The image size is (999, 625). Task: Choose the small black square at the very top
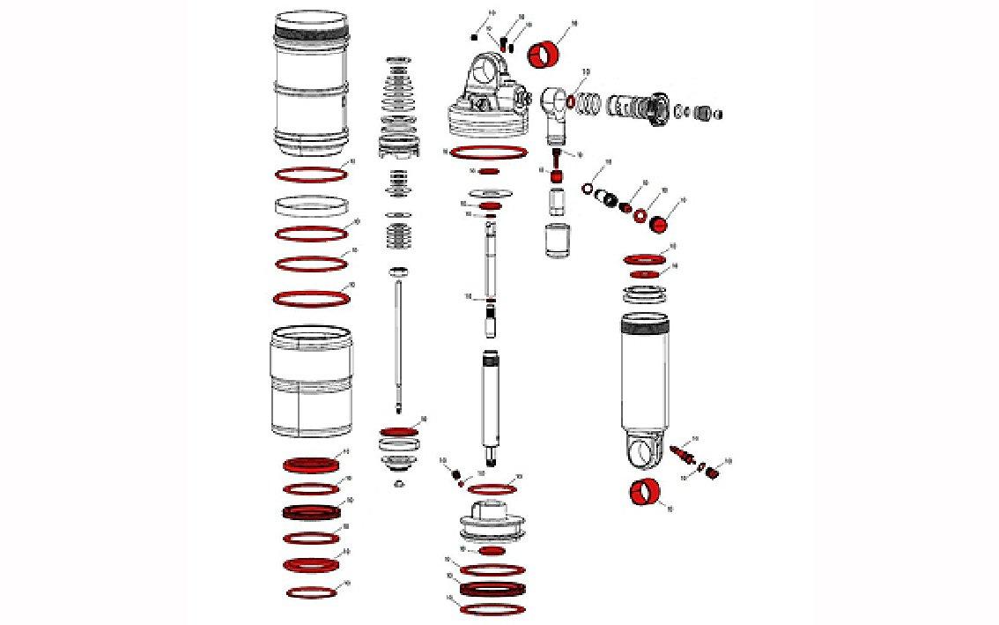(x=475, y=38)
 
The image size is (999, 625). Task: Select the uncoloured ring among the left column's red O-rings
(x=310, y=206)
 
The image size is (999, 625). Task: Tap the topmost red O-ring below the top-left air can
(x=310, y=175)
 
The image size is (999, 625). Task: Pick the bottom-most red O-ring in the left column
(x=311, y=592)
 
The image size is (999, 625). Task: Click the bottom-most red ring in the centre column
(x=492, y=609)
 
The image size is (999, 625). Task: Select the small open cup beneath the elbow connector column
(x=557, y=241)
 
